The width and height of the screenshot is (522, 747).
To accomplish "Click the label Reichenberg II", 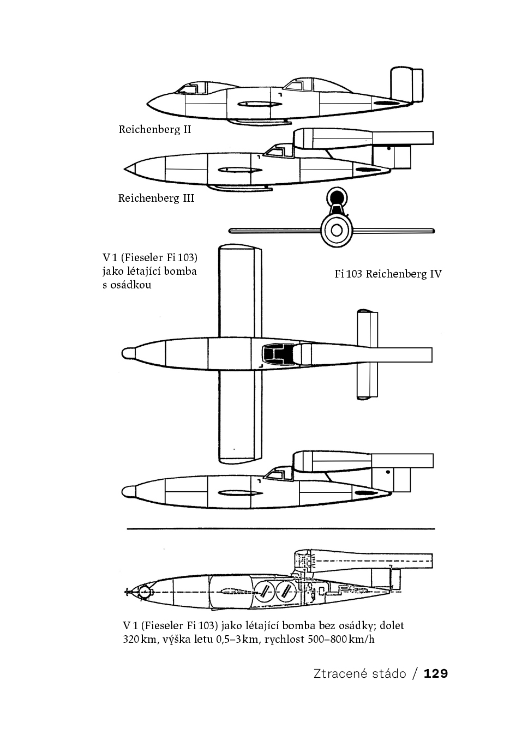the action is click(155, 129).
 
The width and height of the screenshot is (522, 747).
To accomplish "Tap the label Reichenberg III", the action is click(156, 198).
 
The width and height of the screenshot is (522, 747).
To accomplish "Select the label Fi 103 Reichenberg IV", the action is click(388, 274).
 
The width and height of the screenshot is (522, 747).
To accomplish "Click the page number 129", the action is click(436, 673).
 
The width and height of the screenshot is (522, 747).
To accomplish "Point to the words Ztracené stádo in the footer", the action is click(360, 673).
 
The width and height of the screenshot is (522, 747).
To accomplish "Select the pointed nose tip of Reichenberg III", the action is click(125, 169).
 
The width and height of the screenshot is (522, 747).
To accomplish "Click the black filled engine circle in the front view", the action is click(337, 197).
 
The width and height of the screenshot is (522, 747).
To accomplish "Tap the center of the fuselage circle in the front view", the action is click(337, 231).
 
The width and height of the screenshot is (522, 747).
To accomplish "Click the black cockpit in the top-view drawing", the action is click(278, 354).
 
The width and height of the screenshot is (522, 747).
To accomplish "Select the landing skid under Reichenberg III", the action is click(239, 188).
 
